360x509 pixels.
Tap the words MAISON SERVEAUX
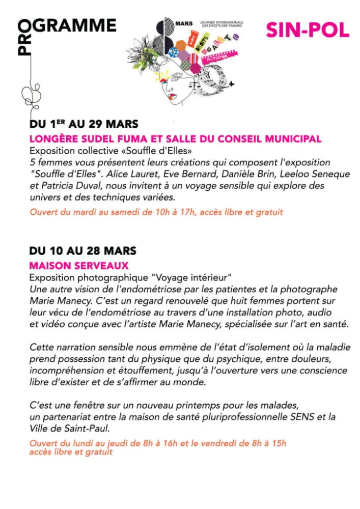pyautogui.click(x=79, y=265)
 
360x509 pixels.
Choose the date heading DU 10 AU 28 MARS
pyautogui.click(x=83, y=251)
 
